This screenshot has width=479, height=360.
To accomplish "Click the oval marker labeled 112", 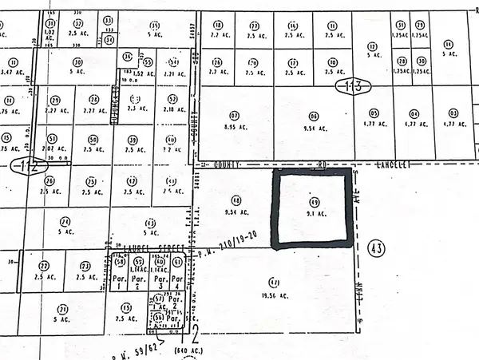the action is (x=22, y=167).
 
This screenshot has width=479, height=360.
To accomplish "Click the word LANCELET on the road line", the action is (x=393, y=165).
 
